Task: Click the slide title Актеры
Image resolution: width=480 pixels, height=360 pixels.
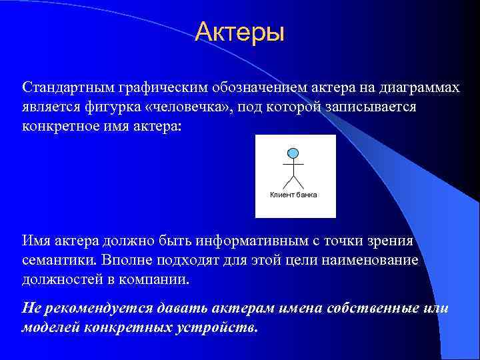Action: [x=239, y=32]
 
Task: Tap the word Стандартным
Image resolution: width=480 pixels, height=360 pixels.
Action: [x=67, y=87]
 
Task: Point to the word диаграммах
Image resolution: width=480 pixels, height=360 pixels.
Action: [x=419, y=87]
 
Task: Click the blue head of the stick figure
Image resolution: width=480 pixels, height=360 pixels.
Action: [x=293, y=153]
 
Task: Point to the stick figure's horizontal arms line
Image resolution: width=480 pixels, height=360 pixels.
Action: [x=293, y=164]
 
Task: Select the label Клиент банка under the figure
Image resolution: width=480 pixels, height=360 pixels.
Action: [x=293, y=195]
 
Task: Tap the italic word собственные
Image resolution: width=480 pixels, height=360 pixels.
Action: [x=373, y=309]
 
